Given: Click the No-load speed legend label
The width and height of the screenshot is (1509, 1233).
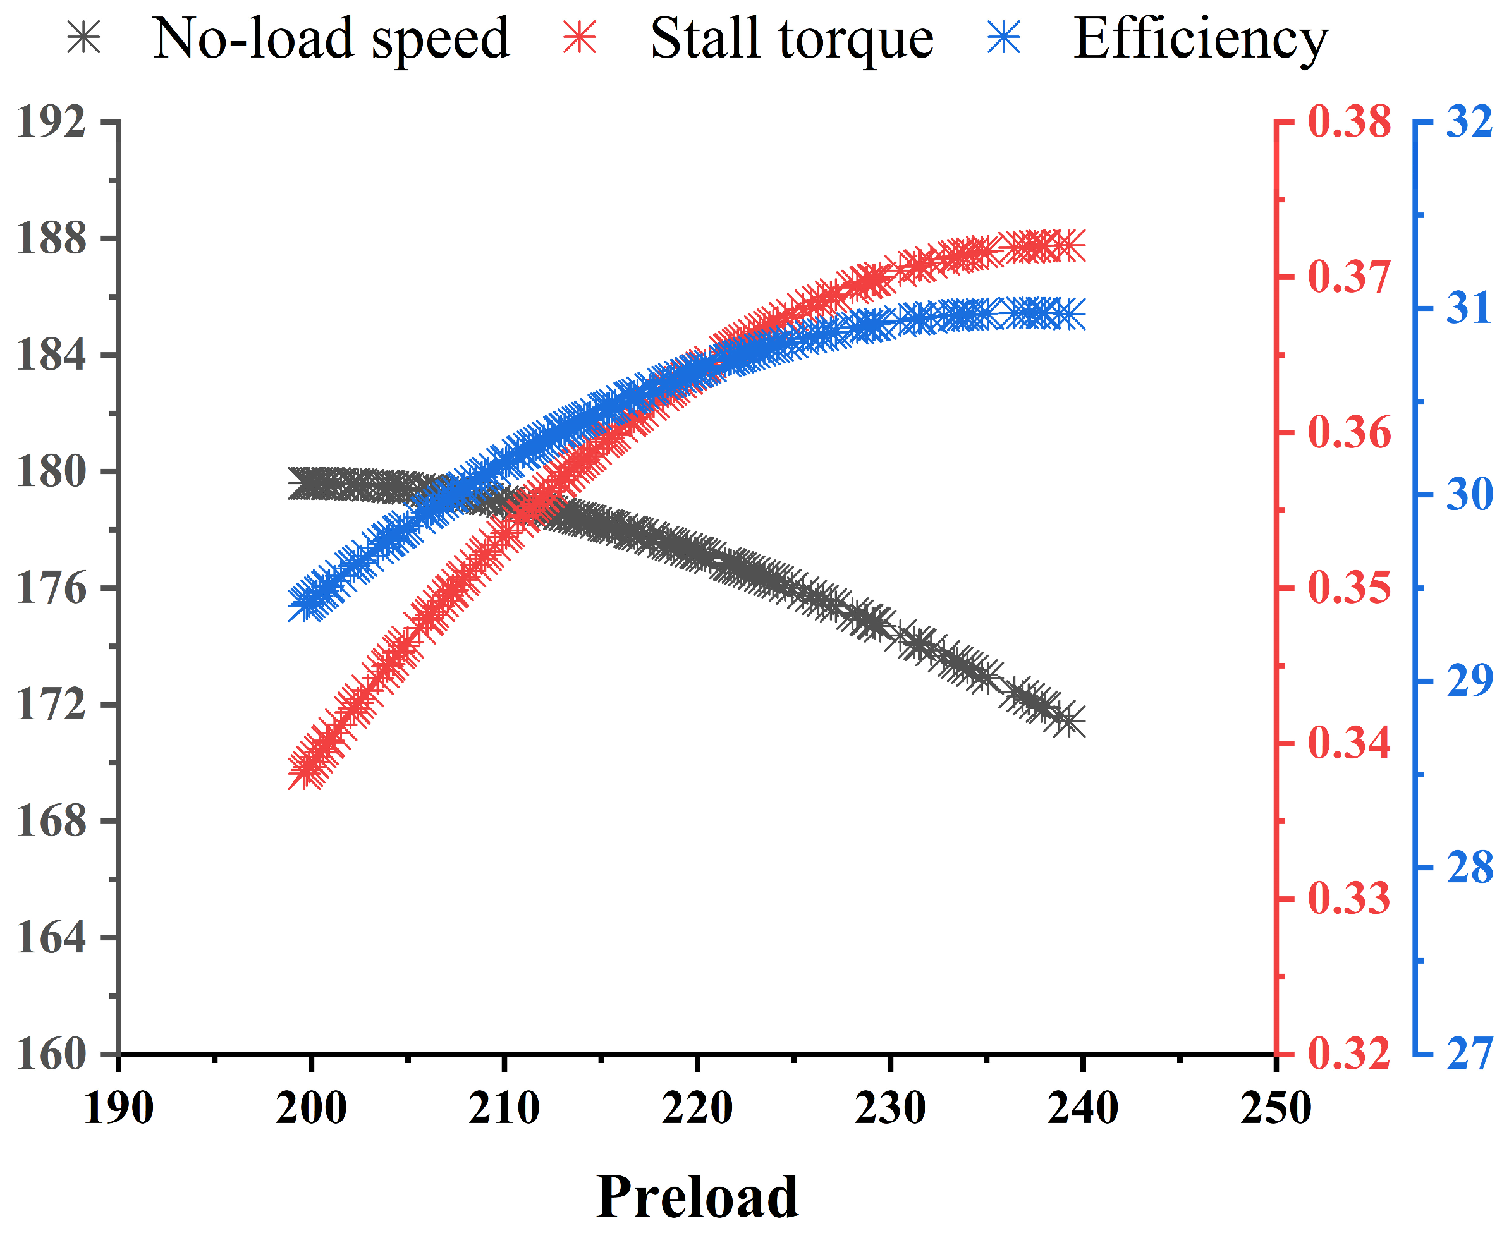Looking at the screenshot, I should tap(331, 39).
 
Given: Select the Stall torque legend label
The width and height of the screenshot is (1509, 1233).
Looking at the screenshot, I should tap(791, 39).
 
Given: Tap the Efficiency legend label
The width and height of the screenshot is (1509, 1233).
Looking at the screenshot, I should tap(1200, 39).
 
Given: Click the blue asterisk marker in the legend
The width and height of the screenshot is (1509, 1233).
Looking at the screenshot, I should tap(1004, 37).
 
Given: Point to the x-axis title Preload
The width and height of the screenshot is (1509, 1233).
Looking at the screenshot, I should tap(697, 1196).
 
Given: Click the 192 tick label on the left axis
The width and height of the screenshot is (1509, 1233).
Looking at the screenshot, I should tap(51, 121).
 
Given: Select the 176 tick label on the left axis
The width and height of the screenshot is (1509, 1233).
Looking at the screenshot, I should tap(51, 588).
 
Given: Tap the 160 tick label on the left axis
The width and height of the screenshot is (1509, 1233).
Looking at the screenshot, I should tap(51, 1054).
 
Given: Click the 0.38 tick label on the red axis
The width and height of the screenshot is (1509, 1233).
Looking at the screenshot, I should tap(1349, 121).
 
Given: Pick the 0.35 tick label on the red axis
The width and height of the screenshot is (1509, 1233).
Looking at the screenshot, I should tap(1349, 588).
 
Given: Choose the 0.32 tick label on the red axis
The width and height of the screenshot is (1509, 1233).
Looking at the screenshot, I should tap(1349, 1054).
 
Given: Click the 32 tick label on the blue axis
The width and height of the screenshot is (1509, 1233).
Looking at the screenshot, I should tap(1469, 121).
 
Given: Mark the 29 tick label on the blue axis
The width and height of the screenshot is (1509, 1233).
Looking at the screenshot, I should tap(1469, 681).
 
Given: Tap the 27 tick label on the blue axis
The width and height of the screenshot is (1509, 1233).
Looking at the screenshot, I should tap(1469, 1054).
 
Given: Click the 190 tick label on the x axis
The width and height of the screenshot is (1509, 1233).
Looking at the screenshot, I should tap(119, 1108).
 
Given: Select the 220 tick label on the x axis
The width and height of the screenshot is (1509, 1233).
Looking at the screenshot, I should tap(697, 1108).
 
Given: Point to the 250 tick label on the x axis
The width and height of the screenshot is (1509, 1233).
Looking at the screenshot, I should tap(1276, 1108).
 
